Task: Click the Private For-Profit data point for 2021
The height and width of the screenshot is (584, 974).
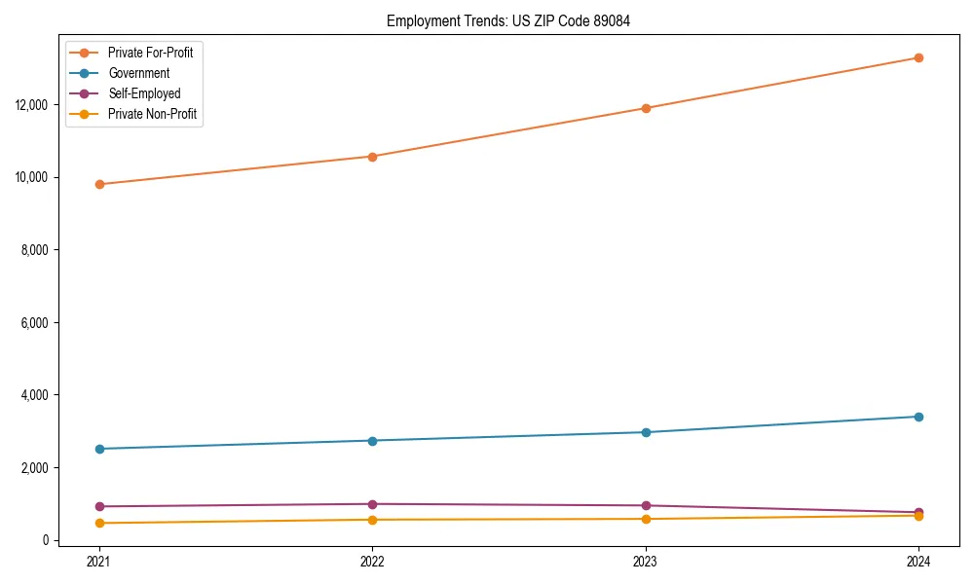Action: coord(99,184)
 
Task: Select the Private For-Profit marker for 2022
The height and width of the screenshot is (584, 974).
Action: coord(372,157)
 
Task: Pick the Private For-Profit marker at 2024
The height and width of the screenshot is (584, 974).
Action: coord(918,57)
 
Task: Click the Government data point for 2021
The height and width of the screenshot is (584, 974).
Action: coord(99,449)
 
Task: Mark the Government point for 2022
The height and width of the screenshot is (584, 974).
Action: coord(372,441)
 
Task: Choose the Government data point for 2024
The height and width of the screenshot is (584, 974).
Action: coord(918,417)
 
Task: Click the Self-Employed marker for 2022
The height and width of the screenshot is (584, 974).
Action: coord(372,504)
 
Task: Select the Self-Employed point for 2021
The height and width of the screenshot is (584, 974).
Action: coord(99,506)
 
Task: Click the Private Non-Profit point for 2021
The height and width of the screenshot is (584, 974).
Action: coord(99,523)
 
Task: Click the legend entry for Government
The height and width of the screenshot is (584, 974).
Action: coord(138,73)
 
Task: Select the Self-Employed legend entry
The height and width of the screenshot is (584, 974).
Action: coord(144,93)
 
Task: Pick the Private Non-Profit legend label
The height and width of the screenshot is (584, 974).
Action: coord(153,114)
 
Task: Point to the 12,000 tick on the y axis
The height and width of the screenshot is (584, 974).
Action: coord(34,104)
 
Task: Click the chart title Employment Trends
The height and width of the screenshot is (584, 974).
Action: coord(508,21)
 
